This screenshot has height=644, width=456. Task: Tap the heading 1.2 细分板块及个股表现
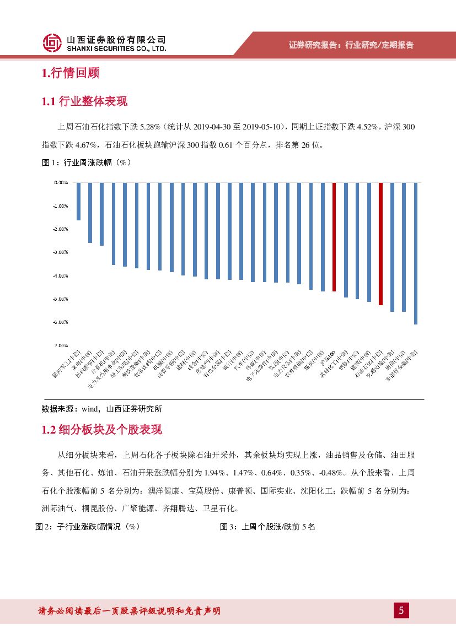pyautogui.click(x=101, y=430)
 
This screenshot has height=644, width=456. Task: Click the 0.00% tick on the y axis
pyautogui.click(x=61, y=182)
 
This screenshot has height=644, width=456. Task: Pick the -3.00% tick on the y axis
pyautogui.click(x=60, y=252)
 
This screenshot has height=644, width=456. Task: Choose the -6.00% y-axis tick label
pyautogui.click(x=60, y=322)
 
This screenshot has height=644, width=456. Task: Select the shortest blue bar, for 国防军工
pyautogui.click(x=78, y=201)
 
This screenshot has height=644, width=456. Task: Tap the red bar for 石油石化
pyautogui.click(x=380, y=243)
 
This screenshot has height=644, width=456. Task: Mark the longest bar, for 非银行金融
pyautogui.click(x=415, y=253)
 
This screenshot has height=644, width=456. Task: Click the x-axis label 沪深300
pyautogui.click(x=329, y=354)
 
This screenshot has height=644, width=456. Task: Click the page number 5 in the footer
pyautogui.click(x=401, y=610)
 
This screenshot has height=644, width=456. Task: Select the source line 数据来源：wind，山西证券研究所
pyautogui.click(x=102, y=409)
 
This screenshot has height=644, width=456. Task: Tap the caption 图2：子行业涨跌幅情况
pyautogui.click(x=87, y=527)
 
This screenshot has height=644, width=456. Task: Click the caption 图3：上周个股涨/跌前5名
pyautogui.click(x=267, y=527)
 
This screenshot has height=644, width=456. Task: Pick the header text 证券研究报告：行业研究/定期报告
pyautogui.click(x=351, y=45)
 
